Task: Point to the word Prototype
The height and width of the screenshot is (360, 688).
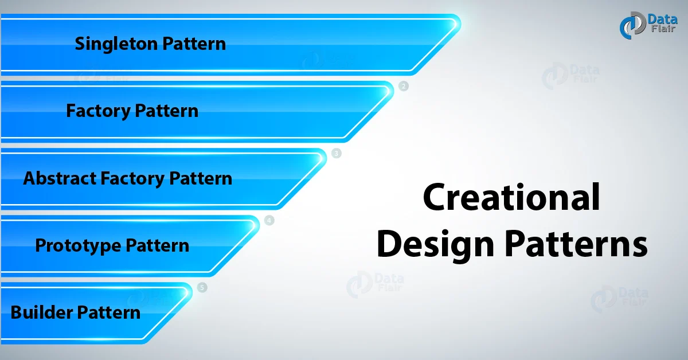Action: [x=79, y=246]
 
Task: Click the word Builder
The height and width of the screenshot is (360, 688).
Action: [x=42, y=313]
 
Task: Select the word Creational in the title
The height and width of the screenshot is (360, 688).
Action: [x=511, y=198]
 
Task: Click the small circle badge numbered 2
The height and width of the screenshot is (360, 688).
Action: [x=404, y=87]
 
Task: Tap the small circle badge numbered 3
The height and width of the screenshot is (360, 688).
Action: [x=337, y=154]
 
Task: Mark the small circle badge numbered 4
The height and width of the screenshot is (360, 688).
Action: [x=269, y=221]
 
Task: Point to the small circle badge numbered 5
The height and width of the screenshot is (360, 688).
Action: [x=202, y=288]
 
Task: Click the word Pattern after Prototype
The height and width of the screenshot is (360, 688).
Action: [x=157, y=246]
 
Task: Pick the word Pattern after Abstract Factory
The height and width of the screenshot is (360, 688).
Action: [x=201, y=178]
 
